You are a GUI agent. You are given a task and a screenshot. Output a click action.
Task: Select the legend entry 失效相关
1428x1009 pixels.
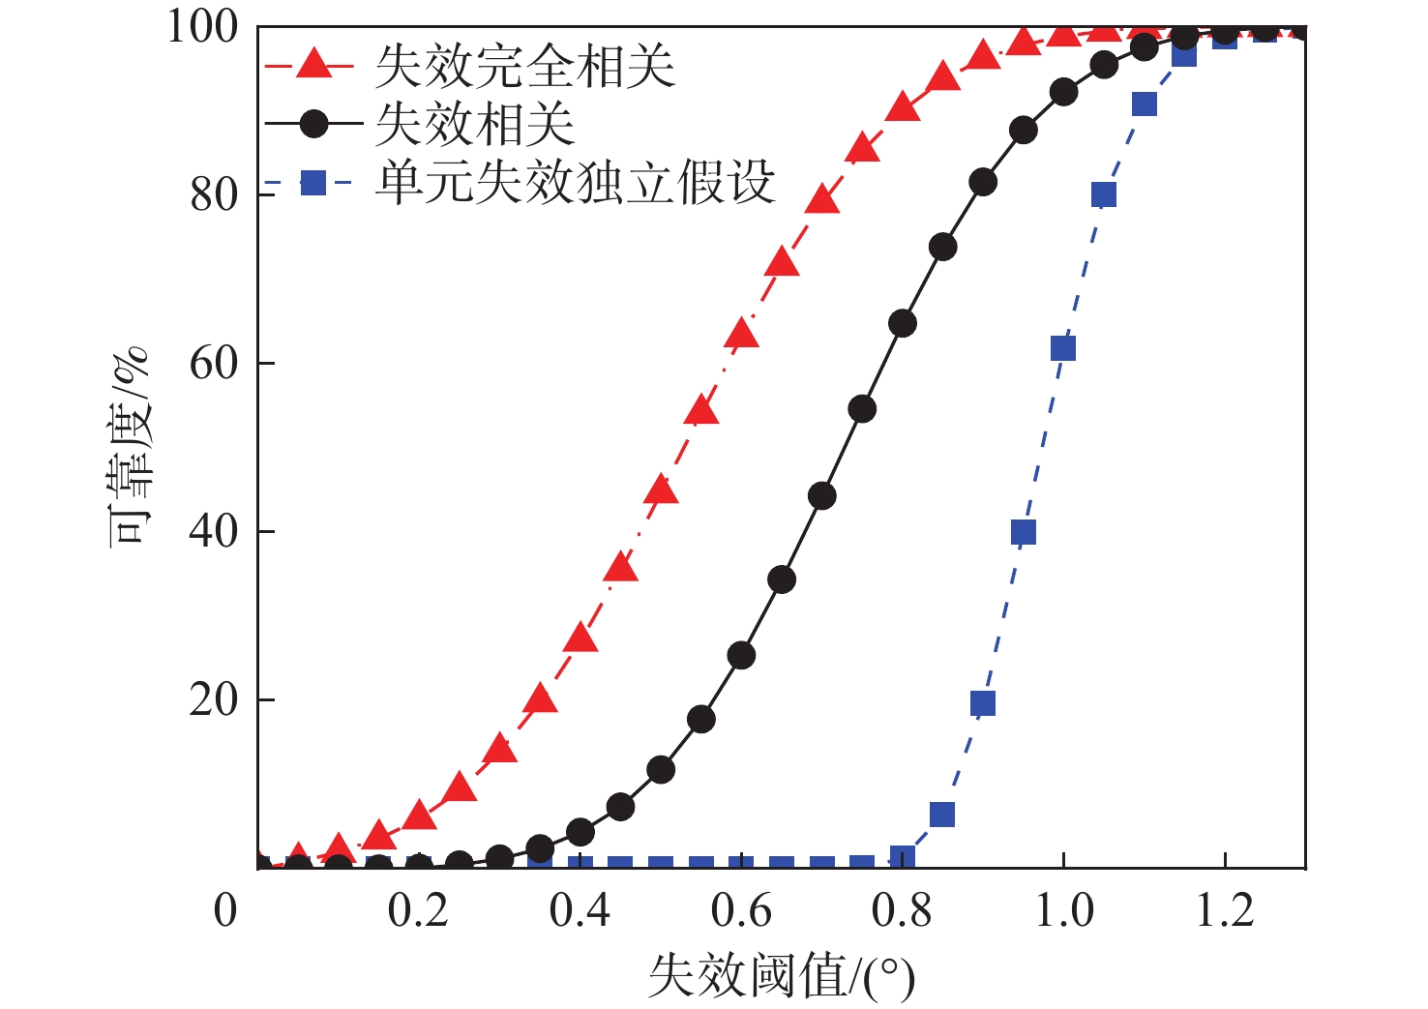475,124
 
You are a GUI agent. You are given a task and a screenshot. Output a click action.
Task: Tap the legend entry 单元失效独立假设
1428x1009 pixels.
576,182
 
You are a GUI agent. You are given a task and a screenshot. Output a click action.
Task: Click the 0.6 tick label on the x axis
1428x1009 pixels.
741,911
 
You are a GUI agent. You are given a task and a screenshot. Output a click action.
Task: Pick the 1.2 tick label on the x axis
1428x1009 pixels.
1225,911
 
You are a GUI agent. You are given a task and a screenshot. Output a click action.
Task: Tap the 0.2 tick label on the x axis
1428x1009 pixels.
418,911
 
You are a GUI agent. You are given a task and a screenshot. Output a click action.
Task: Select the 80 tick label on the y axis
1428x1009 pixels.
214,194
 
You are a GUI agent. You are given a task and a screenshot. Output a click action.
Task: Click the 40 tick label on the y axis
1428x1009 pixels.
214,531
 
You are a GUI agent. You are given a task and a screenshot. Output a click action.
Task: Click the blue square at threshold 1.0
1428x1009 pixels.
1063,348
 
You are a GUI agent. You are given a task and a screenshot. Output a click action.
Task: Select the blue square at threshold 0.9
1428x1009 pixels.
983,703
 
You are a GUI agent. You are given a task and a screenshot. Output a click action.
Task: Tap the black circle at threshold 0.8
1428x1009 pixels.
903,323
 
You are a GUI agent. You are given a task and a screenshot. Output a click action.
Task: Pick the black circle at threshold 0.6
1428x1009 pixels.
741,656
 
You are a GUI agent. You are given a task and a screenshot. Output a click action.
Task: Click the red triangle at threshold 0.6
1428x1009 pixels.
741,335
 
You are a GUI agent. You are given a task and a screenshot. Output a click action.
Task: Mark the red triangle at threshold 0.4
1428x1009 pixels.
580,638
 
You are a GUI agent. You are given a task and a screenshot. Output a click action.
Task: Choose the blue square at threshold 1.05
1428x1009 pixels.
1104,194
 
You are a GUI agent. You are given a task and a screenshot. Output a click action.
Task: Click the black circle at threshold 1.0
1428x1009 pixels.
1063,93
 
